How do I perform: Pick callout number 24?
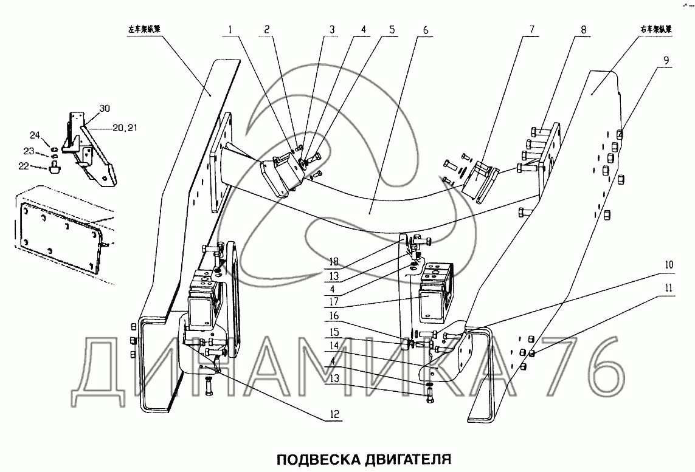point(35,135)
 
